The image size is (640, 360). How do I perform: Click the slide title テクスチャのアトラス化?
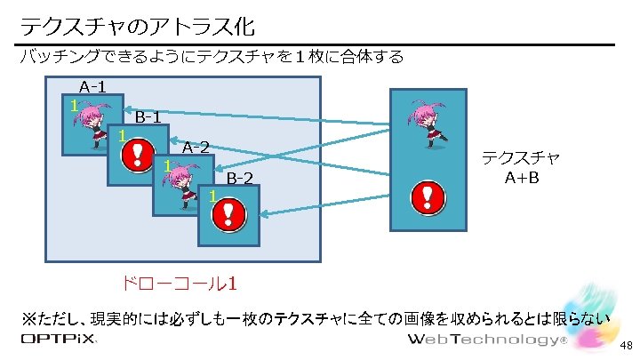pos(142,23)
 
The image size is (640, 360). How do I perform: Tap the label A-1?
pos(92,87)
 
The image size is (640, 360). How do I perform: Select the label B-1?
pos(148,116)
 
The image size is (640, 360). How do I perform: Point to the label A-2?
pos(196,147)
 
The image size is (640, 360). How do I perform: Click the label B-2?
pos(239,178)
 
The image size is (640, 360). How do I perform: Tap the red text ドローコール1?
pos(178,284)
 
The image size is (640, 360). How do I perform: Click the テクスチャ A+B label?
pos(520,167)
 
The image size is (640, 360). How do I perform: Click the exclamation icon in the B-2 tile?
pos(228,214)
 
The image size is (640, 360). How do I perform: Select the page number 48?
pos(626,346)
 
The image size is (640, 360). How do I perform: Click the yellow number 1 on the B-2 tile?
pos(212,196)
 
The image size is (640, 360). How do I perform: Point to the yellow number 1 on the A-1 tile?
pos(75,106)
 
